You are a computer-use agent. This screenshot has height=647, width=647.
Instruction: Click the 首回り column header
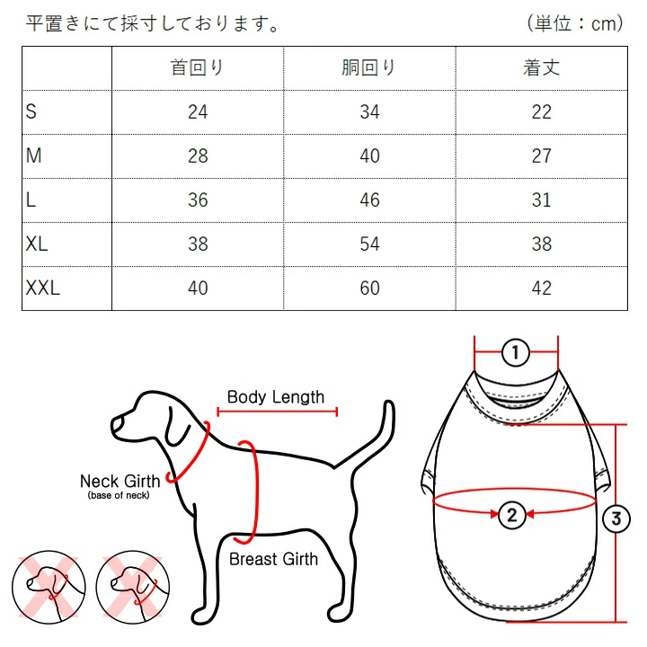[197, 67]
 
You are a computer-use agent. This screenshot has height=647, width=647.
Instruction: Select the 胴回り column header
[368, 67]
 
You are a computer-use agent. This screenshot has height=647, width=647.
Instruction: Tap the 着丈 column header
[541, 67]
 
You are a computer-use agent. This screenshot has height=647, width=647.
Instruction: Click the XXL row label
[43, 288]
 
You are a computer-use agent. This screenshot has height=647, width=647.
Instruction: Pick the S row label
[31, 111]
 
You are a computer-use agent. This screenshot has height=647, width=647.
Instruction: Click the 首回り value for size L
[198, 199]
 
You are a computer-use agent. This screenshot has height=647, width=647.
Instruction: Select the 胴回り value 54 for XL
[369, 244]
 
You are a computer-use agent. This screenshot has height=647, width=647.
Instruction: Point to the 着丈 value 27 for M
[541, 155]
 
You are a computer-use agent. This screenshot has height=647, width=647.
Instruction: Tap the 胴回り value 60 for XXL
[369, 288]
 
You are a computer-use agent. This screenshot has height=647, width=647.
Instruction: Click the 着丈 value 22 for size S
[541, 111]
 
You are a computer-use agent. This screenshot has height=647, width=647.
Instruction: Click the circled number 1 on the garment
[516, 353]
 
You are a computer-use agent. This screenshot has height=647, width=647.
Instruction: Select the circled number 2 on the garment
[512, 515]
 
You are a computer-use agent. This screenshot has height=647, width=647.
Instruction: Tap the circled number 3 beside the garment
[616, 518]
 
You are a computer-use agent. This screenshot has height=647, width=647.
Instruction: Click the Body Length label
[276, 397]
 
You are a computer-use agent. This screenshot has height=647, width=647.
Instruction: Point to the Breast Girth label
[273, 559]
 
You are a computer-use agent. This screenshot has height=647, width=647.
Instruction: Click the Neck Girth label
[120, 481]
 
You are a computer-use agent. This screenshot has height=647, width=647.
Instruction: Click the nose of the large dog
[117, 425]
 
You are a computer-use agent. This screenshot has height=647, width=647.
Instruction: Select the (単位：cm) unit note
[575, 23]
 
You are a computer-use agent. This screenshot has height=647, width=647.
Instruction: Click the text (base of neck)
[119, 495]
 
